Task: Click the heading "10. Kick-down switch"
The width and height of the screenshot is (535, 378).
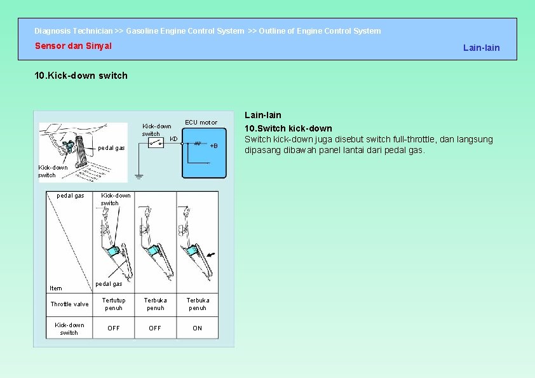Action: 81,76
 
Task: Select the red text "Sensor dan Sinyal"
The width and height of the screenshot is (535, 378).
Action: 73,46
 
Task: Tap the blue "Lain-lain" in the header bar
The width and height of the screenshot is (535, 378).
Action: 481,48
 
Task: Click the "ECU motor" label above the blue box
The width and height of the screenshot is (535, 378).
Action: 201,122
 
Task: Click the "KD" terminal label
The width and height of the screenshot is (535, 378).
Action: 173,138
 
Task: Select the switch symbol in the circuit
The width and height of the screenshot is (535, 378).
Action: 156,144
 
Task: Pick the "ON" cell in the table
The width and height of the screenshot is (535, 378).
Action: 197,328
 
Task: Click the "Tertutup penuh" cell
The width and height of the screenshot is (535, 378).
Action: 114,304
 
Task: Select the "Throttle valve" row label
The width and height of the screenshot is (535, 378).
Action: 69,304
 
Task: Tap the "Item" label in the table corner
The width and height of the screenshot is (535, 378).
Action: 56,288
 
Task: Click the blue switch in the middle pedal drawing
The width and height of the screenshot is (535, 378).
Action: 154,252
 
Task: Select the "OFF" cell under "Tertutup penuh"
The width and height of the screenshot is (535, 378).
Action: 114,328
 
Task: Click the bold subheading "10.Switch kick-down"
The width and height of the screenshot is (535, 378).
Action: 288,128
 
